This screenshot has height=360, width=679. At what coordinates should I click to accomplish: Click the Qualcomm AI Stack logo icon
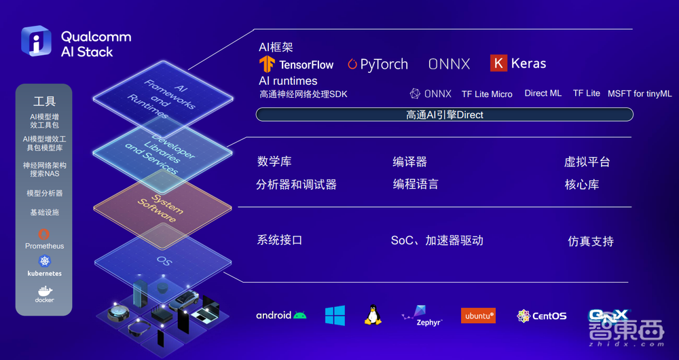(x=36, y=41)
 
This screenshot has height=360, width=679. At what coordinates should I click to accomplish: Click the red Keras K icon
(x=498, y=63)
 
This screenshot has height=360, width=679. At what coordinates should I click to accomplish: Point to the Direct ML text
(x=543, y=93)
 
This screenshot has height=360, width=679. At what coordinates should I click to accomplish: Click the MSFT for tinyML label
(x=640, y=94)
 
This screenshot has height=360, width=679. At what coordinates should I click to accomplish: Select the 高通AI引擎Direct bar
(x=444, y=115)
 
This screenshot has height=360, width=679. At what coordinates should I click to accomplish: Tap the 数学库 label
(x=275, y=162)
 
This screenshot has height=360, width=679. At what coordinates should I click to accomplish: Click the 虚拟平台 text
(x=587, y=162)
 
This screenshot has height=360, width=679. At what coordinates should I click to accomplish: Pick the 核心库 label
(x=582, y=184)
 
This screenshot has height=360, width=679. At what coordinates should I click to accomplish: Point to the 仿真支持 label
(x=591, y=241)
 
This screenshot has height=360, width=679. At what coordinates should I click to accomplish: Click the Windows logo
(x=335, y=315)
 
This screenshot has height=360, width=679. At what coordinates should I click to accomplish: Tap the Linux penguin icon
(x=372, y=314)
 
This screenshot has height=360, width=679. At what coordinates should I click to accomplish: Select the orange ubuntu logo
(x=478, y=315)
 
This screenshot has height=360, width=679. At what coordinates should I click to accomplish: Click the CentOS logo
(x=541, y=316)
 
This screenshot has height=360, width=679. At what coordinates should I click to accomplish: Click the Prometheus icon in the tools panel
(x=44, y=234)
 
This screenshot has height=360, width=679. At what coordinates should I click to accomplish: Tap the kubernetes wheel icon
(x=44, y=262)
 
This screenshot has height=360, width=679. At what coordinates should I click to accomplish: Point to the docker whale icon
(x=44, y=292)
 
